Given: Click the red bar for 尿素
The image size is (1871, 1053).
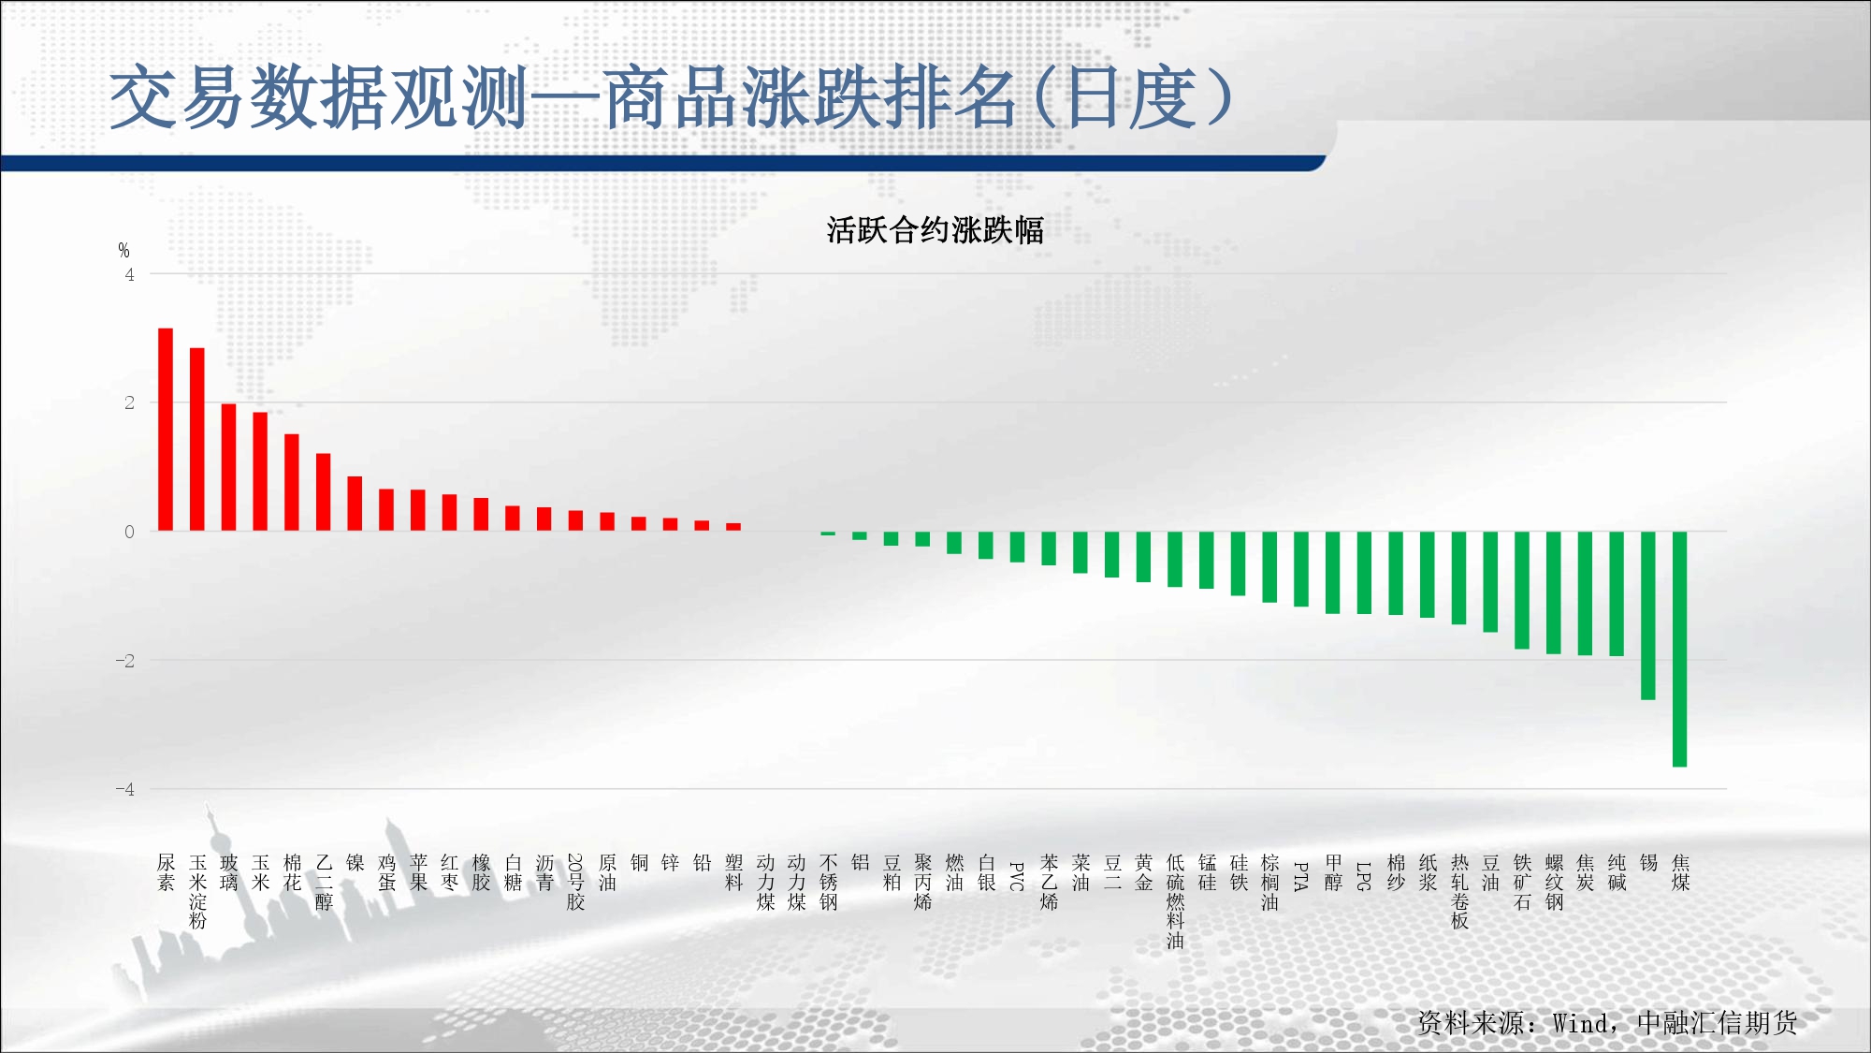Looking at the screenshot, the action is pyautogui.click(x=166, y=430).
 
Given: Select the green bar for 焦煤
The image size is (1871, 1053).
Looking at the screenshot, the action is pyautogui.click(x=1679, y=650).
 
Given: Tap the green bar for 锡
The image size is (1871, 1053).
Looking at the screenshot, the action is pyautogui.click(x=1648, y=616).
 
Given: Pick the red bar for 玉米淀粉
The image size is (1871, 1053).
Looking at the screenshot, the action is pyautogui.click(x=197, y=440).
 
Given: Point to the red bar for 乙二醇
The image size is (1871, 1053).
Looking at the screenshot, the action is pyautogui.click(x=324, y=492).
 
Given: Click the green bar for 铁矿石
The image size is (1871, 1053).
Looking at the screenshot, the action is pyautogui.click(x=1522, y=591).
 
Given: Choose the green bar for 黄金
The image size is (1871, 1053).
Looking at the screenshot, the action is pyautogui.click(x=1143, y=557).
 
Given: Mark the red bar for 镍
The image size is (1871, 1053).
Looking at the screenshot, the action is pyautogui.click(x=355, y=504).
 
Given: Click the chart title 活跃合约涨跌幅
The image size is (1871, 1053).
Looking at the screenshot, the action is pyautogui.click(x=935, y=230).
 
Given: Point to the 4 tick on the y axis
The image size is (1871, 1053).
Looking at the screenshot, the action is pyautogui.click(x=129, y=274).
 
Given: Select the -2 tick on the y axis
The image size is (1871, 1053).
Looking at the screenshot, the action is pyautogui.click(x=125, y=661).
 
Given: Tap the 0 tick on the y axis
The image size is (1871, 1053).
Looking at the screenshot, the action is pyautogui.click(x=129, y=532).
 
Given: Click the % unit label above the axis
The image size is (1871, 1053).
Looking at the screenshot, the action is pyautogui.click(x=123, y=250).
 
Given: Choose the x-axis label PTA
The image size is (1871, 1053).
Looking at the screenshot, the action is pyautogui.click(x=1301, y=876).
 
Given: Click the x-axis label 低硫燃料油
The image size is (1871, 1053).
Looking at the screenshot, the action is pyautogui.click(x=1175, y=901).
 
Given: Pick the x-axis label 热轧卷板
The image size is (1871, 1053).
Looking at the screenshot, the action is pyautogui.click(x=1459, y=892).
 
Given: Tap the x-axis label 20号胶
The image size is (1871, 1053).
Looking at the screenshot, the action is pyautogui.click(x=575, y=882).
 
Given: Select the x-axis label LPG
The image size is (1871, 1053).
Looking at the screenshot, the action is pyautogui.click(x=1364, y=876).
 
